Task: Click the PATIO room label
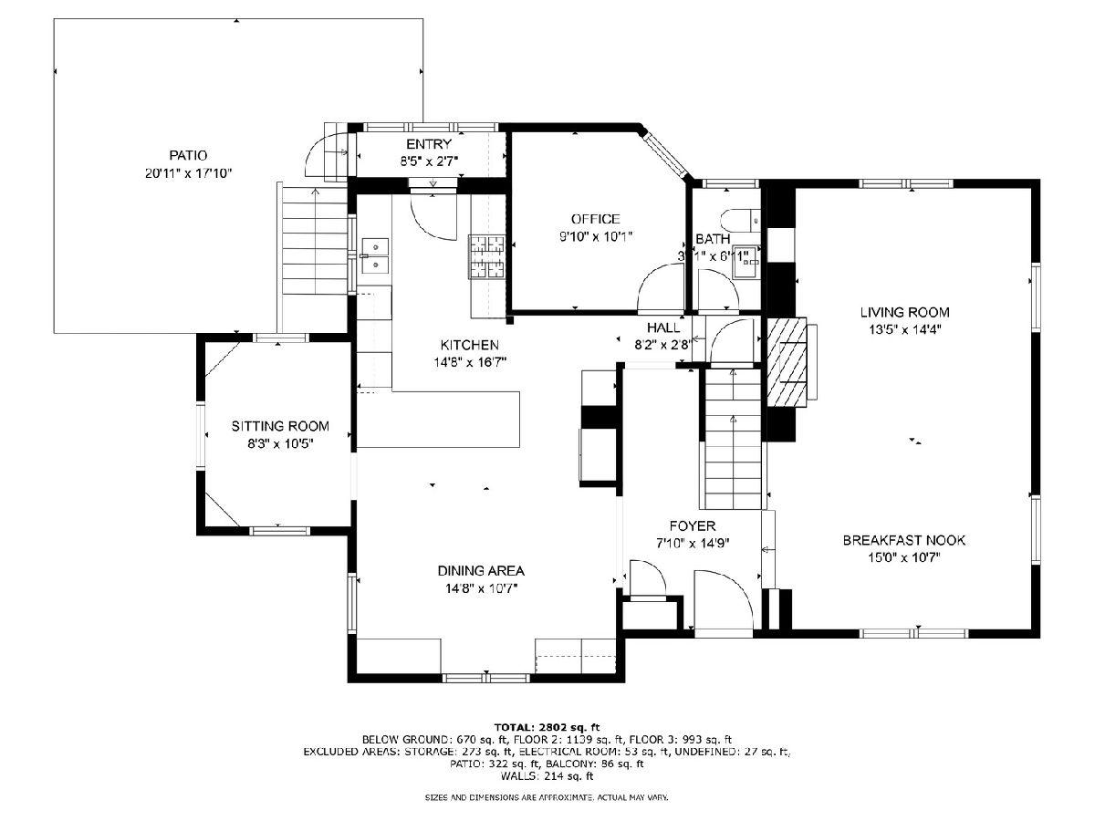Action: pos(188,155)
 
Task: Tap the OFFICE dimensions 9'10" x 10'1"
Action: pos(596,236)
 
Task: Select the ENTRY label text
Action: pos(429,144)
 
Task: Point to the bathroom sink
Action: pos(746,261)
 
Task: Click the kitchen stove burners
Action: pos(485,256)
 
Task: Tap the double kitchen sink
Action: pos(375,256)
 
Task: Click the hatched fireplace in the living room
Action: pos(787,363)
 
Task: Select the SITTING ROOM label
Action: pos(280,426)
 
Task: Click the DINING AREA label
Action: pos(481,571)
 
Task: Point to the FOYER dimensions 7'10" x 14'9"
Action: pos(693,543)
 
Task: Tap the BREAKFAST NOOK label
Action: pos(904,540)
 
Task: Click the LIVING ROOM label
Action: pos(904,313)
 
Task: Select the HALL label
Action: pos(663,327)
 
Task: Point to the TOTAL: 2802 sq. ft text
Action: pos(547,727)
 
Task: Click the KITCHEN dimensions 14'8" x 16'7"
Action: pos(470,362)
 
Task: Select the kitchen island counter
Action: pos(439,420)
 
